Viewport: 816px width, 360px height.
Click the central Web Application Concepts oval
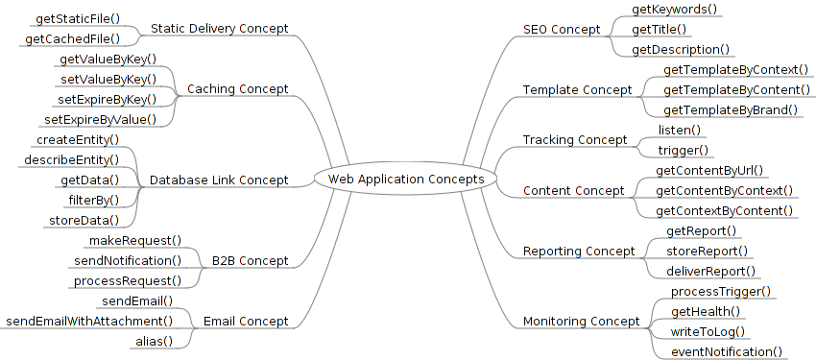(406, 179)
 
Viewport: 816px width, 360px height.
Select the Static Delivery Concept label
(219, 29)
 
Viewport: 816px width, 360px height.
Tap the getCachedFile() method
(73, 38)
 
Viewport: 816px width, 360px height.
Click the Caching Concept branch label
(237, 89)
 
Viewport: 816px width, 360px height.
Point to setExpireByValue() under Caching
(101, 120)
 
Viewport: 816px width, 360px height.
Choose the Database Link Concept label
(219, 180)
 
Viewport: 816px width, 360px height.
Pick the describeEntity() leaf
(72, 159)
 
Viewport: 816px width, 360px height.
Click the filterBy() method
(94, 200)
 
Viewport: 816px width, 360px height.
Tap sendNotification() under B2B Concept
(128, 260)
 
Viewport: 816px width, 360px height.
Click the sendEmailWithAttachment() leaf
(90, 321)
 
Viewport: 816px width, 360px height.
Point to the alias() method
(154, 341)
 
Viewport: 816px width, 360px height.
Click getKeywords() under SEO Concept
(675, 9)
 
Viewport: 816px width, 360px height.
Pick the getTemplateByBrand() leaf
(731, 109)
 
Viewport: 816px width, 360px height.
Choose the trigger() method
(684, 150)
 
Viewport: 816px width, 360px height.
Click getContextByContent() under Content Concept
(725, 210)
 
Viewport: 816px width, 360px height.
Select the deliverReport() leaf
(711, 271)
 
